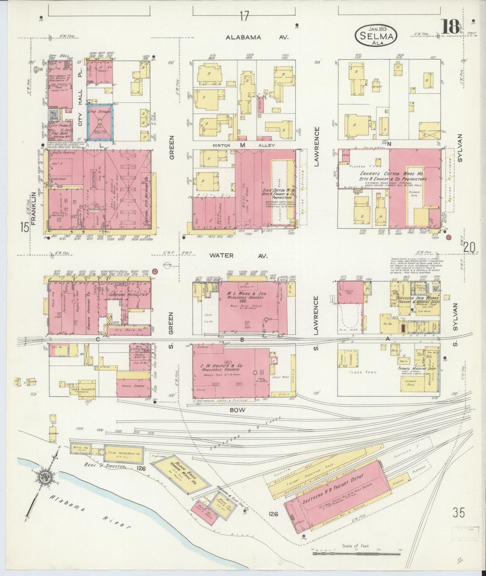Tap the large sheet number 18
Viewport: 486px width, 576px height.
pyautogui.click(x=450, y=27)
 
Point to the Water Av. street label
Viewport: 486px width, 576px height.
pyautogui.click(x=238, y=255)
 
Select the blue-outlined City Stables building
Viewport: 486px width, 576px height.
pyautogui.click(x=100, y=124)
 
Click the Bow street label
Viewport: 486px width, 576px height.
pyautogui.click(x=238, y=410)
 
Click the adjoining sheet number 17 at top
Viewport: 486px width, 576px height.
pyautogui.click(x=245, y=16)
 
